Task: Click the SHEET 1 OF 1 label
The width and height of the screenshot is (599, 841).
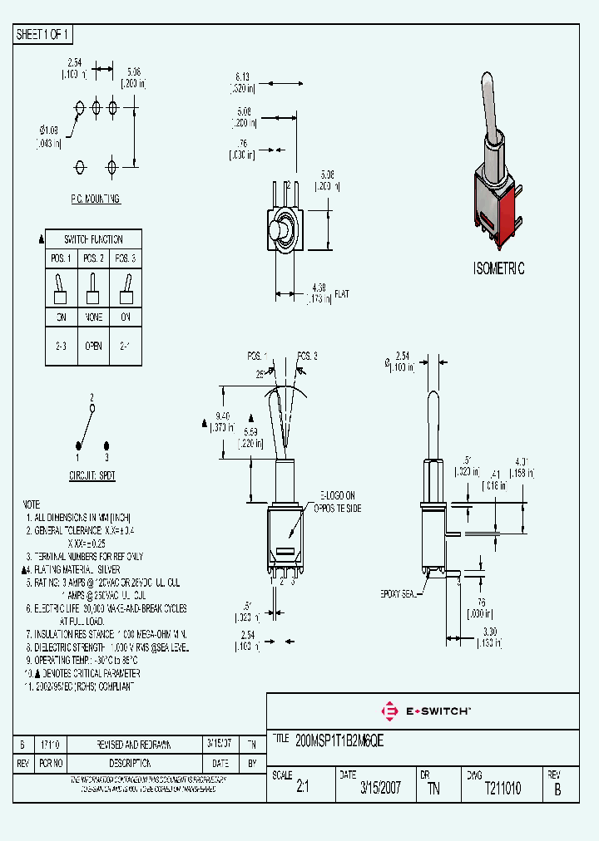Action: (44, 35)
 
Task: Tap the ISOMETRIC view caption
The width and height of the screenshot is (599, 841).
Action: (498, 268)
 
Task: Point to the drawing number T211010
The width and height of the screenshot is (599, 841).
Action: (502, 789)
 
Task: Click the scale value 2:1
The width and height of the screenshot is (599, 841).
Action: (302, 789)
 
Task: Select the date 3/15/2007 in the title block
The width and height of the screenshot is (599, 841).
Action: (380, 789)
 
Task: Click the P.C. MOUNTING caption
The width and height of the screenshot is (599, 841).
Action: (95, 199)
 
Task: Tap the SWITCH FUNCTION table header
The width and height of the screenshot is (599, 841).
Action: (93, 239)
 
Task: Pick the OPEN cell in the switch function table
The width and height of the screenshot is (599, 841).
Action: (93, 346)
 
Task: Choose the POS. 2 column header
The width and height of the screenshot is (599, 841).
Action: (93, 258)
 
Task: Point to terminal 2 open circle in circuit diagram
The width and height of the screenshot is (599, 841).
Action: (92, 408)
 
